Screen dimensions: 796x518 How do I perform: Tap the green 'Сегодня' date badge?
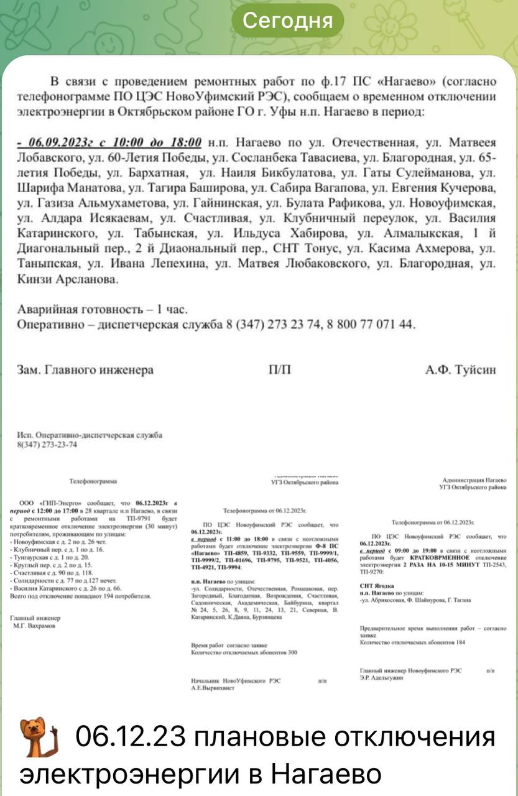287,21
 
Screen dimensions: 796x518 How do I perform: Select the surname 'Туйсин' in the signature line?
474,370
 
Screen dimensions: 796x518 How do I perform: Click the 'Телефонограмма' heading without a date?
93,481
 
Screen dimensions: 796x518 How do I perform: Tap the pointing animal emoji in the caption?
39,738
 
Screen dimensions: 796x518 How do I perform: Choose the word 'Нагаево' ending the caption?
326,774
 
